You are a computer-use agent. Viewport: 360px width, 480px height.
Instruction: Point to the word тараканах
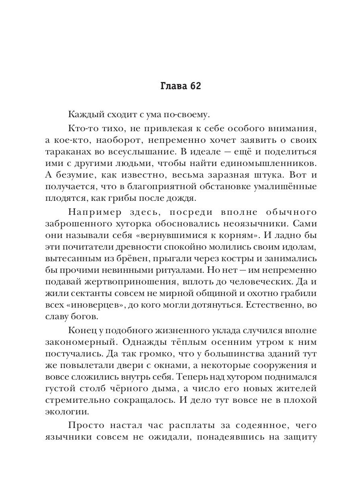click(x=66, y=153)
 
